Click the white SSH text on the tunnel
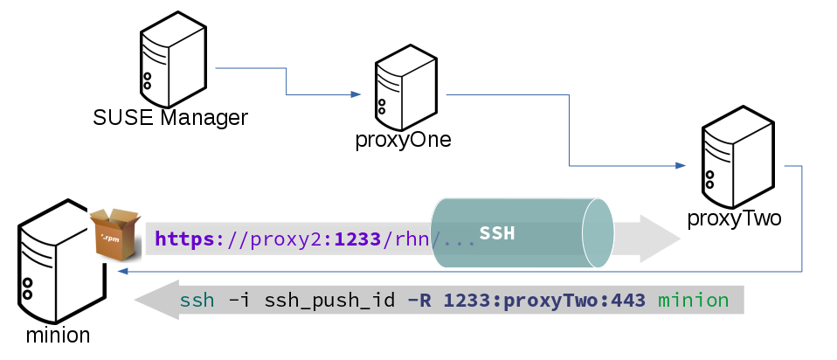pos(497,234)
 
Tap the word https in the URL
pos(184,238)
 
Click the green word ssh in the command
pos(197,301)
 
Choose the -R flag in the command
pos(419,301)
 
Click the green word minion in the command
pos(693,301)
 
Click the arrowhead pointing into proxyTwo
pos(680,165)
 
